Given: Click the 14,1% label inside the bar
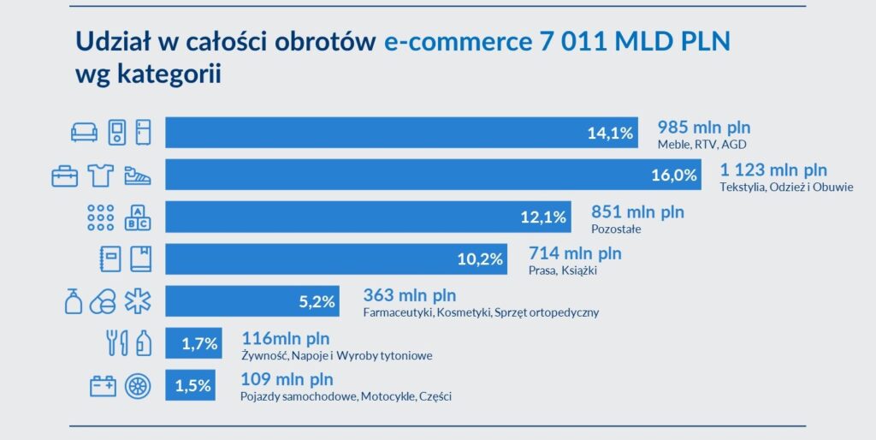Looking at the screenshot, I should [610, 133].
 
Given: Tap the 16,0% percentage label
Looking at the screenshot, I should [674, 175].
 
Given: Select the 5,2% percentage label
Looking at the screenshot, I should [316, 301].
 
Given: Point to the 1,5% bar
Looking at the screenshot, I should [191, 386].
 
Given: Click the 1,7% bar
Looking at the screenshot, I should [193, 344].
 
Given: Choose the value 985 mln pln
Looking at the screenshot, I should [703, 127].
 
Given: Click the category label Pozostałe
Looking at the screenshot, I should [616, 229].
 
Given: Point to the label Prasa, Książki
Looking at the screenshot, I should [562, 271].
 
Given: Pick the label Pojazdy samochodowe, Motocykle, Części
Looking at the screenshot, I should [346, 396].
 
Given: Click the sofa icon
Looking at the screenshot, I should [84, 133].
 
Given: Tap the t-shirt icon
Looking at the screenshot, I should [101, 175].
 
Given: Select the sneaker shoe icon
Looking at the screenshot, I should [138, 175].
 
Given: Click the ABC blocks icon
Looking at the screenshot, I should [138, 217].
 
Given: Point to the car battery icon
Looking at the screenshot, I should [104, 386].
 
